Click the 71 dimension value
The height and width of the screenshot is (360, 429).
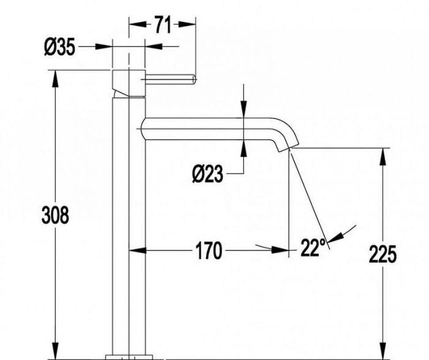(x=162, y=25)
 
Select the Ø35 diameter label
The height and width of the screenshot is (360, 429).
(x=59, y=47)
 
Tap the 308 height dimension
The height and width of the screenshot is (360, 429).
(x=55, y=215)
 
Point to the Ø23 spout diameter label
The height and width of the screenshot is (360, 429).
(x=207, y=174)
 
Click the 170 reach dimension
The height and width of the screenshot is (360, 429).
(x=208, y=250)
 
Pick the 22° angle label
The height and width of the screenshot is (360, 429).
(x=313, y=247)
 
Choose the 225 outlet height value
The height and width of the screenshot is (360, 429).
(x=382, y=254)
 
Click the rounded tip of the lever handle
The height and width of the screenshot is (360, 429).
(x=194, y=79)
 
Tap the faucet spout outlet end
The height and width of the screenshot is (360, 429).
(x=289, y=147)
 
